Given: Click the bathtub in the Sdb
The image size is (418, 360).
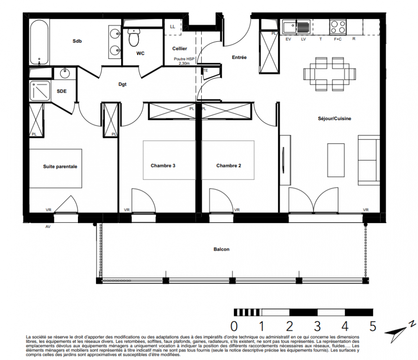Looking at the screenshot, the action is (x=39, y=42).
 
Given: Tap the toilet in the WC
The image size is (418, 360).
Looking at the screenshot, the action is (x=134, y=37).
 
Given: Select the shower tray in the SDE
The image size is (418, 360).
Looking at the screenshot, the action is (x=40, y=91).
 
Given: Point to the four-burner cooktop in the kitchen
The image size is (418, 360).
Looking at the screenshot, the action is (x=338, y=27).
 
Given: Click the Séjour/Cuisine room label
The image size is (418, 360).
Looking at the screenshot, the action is (x=334, y=118).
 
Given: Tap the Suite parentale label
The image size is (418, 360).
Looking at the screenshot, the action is (x=60, y=166).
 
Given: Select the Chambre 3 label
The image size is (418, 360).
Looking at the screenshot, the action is (x=163, y=166).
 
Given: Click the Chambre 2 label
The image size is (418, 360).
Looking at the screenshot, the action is (x=228, y=166).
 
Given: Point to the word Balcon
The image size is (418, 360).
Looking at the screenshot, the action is (x=221, y=249).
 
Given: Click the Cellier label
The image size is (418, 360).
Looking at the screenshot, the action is (x=179, y=49).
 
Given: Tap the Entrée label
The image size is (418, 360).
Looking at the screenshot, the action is (x=239, y=57).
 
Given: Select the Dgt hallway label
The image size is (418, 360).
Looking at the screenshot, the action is (x=123, y=85).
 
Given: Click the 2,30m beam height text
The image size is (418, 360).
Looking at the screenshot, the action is (x=184, y=63).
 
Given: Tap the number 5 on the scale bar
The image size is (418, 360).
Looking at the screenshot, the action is (x=373, y=326).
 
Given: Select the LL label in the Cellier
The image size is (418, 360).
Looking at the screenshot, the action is (x=173, y=27).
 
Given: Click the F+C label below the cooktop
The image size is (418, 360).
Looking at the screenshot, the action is (x=338, y=39).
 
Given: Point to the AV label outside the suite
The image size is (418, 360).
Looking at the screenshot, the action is (x=48, y=227).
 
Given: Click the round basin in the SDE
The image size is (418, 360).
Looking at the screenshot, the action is (x=64, y=73).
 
